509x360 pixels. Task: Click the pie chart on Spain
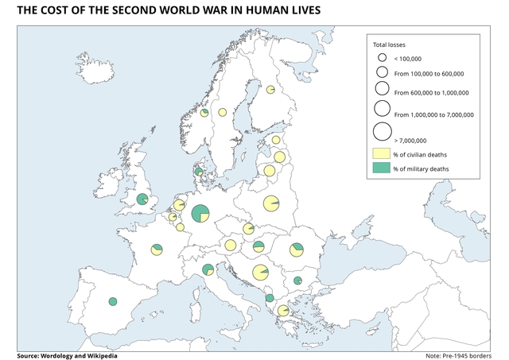pyautogui.click(x=113, y=301)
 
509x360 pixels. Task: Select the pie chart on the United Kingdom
pyautogui.click(x=142, y=199)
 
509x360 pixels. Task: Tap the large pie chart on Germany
pyautogui.click(x=199, y=213)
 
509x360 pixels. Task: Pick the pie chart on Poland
pyautogui.click(x=271, y=204)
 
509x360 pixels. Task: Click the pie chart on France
pyautogui.click(x=157, y=250)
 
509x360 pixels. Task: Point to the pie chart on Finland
pyautogui.click(x=270, y=90)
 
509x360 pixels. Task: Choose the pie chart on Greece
pyautogui.click(x=283, y=311)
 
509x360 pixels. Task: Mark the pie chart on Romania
pyautogui.click(x=297, y=250)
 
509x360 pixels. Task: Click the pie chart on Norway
pyautogui.click(x=204, y=113)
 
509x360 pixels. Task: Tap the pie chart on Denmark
pyautogui.click(x=199, y=172)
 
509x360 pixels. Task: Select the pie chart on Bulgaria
pyautogui.click(x=297, y=281)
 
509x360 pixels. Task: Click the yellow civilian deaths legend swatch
pyautogui.click(x=382, y=153)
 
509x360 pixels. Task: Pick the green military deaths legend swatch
pyautogui.click(x=382, y=168)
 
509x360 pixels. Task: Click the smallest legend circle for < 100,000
pyautogui.click(x=382, y=58)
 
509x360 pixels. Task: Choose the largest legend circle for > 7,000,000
pyautogui.click(x=382, y=132)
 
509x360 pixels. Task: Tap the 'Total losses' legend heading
pyautogui.click(x=390, y=45)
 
